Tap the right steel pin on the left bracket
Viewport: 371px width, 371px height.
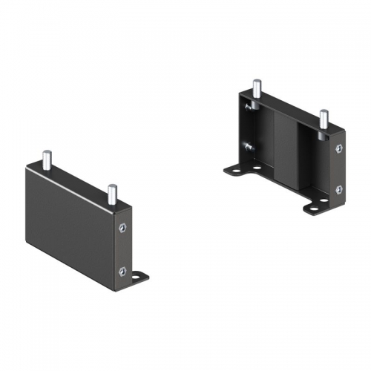(111, 195)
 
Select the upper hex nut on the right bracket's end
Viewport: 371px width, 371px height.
(339, 149)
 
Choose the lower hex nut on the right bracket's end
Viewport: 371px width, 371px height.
(339, 190)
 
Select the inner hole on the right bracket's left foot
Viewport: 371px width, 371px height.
(256, 168)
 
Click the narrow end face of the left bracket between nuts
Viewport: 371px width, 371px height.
(122, 249)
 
